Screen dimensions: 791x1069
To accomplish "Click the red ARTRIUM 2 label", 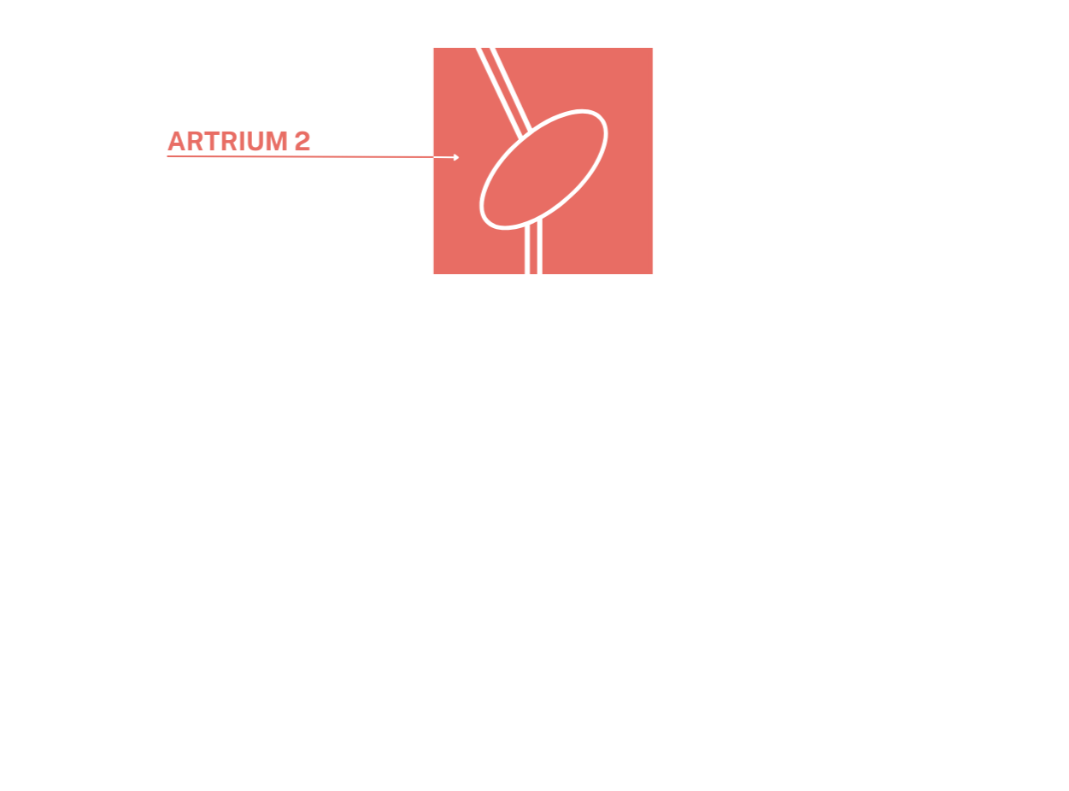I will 238,141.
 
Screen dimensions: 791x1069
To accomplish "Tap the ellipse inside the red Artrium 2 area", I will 544,169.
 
